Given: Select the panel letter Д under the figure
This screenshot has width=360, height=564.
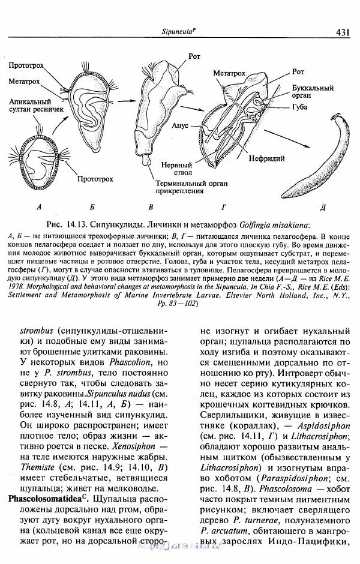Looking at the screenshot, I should [x=323, y=208].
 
